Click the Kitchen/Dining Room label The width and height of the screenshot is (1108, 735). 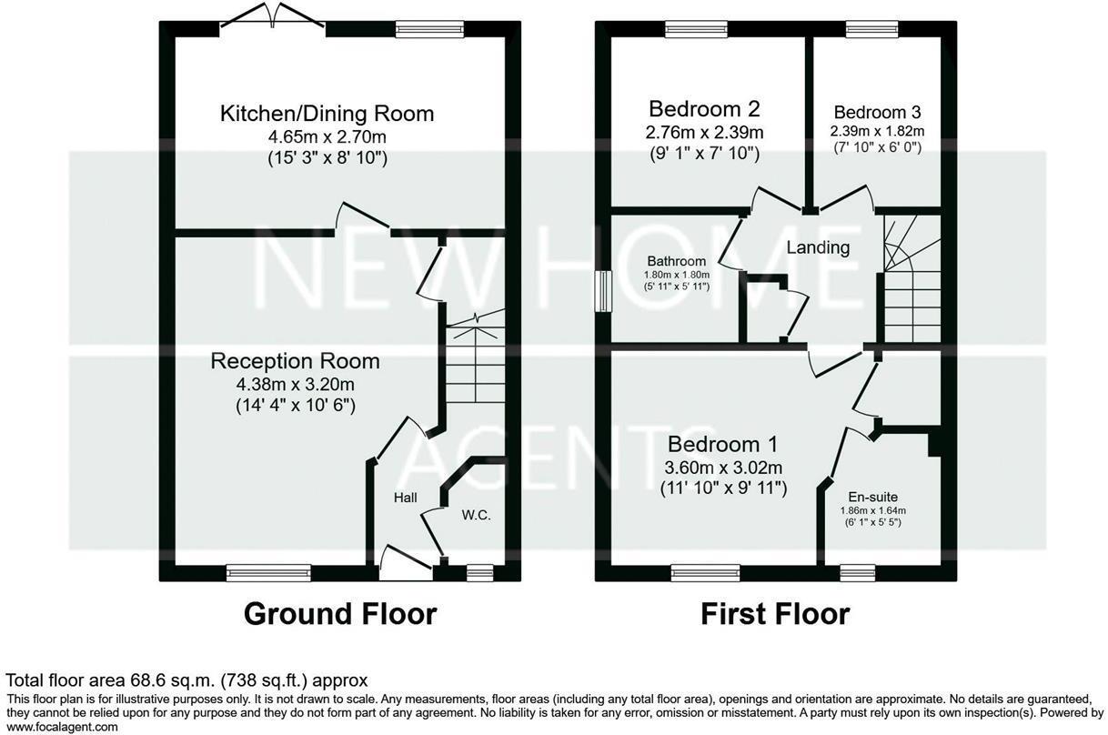(327, 114)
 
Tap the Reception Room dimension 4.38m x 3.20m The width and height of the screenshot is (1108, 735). (295, 385)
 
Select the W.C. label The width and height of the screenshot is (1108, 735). (476, 515)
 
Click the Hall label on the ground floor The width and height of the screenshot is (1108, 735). (405, 498)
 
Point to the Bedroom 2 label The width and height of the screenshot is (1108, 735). (703, 109)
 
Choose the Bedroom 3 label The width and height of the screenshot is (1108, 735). (877, 113)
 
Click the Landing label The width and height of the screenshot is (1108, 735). (818, 247)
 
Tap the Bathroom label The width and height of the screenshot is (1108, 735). (677, 261)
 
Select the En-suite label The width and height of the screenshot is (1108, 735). (872, 497)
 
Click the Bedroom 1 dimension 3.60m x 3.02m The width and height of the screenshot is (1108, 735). (723, 468)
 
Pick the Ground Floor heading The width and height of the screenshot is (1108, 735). (339, 614)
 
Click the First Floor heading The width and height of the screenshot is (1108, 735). (775, 614)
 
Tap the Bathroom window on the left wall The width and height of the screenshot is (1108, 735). (602, 292)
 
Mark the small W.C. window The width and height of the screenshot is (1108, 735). (478, 572)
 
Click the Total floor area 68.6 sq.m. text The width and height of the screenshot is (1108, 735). (186, 680)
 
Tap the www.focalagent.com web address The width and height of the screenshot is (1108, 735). (63, 727)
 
